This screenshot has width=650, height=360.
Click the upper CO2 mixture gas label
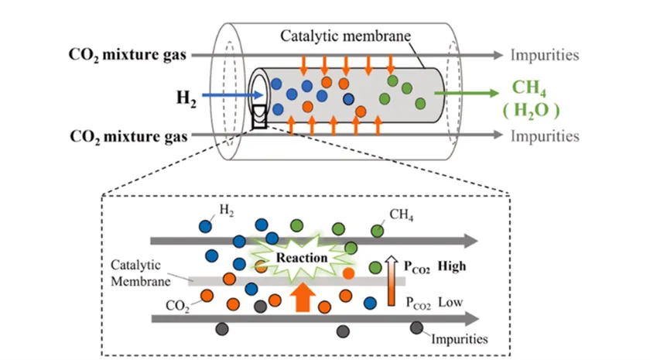128,56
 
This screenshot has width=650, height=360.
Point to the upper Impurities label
545,56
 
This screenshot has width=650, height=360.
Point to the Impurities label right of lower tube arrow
545,137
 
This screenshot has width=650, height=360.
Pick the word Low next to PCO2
450,300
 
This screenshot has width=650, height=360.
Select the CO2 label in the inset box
177,306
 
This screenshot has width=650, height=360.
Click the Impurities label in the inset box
459,338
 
